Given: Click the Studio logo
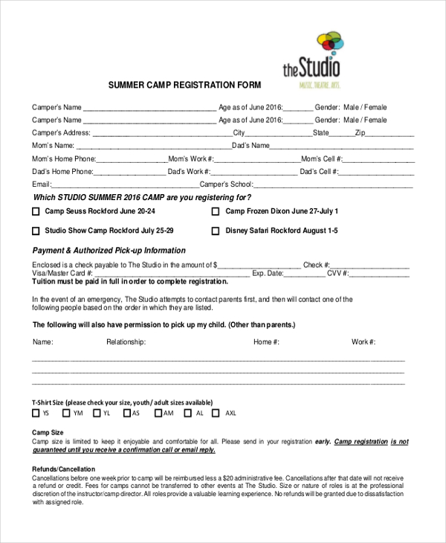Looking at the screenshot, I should click(x=312, y=60).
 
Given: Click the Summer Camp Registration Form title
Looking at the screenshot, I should click(x=174, y=85).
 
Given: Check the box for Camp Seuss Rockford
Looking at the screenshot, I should click(x=36, y=211).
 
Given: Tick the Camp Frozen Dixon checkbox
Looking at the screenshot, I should click(x=216, y=211).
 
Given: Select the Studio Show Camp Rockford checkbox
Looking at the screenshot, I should click(x=36, y=231).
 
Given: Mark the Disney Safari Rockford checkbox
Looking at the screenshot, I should click(x=216, y=231).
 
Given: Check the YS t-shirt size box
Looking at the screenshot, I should click(x=36, y=413).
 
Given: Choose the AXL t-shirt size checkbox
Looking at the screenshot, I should click(x=216, y=413).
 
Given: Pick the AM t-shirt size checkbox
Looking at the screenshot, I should click(x=156, y=413).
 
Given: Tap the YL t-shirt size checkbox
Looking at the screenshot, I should click(x=96, y=413).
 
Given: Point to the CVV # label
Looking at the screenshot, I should click(x=338, y=274).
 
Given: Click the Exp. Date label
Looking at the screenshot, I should click(x=268, y=274).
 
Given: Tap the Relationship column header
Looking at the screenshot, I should click(x=126, y=342).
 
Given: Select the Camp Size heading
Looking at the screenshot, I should click(x=48, y=433).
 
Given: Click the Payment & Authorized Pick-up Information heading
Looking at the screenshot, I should click(x=109, y=251).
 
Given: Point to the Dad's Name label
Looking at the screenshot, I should click(x=251, y=146).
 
